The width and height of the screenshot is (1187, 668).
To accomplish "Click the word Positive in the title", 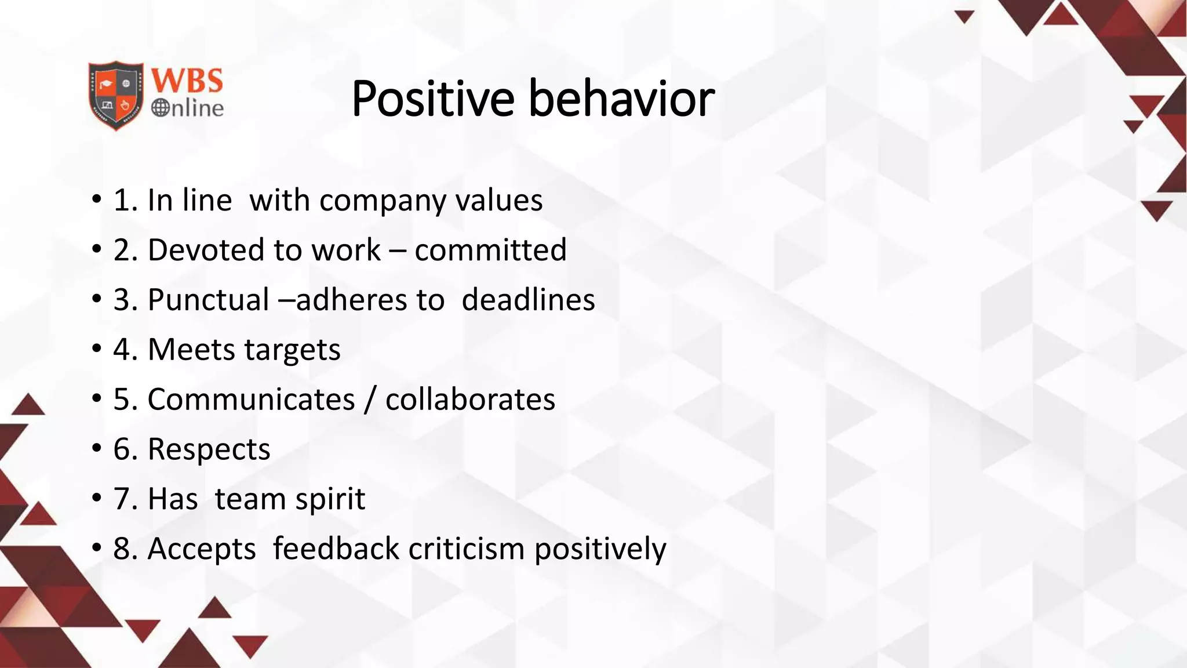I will coord(432,99).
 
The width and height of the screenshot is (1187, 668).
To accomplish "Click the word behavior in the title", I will coord(621,99).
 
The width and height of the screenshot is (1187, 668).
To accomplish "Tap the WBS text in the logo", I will coord(187,81).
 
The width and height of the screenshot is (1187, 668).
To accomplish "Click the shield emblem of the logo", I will coord(116,95).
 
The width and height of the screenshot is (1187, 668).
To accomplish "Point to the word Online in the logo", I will coord(188,108).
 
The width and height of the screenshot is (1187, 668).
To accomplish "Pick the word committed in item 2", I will coord(490,250).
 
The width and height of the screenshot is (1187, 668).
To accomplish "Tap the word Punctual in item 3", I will coord(208,300).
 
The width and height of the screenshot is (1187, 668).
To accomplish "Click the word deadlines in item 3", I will coord(528,300).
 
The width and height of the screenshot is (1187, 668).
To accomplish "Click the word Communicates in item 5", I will coord(251,400).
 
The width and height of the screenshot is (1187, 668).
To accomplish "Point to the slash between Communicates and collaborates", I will coord(370,400).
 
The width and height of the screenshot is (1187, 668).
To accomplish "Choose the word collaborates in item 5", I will coord(470,400).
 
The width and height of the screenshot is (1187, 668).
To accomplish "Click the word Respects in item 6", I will coord(209,449).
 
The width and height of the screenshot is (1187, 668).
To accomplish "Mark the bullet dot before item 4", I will coord(96,350).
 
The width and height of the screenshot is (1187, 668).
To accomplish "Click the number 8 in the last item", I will coord(122,549).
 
